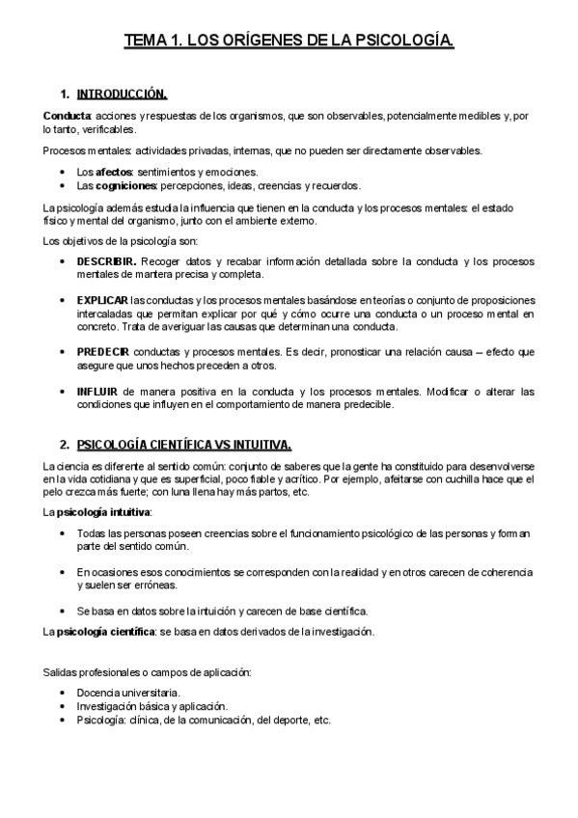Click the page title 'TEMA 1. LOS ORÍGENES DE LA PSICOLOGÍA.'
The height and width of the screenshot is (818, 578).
[x=289, y=41]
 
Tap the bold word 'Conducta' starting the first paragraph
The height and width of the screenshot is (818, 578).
[x=65, y=117]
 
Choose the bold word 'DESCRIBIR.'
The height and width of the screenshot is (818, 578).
[x=106, y=261]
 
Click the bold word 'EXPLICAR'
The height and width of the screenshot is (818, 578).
[x=101, y=300]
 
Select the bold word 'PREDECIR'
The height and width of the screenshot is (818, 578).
[x=103, y=351]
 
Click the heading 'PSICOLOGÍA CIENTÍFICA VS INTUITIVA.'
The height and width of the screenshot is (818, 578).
[x=183, y=445]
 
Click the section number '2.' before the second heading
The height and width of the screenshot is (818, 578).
[x=64, y=445]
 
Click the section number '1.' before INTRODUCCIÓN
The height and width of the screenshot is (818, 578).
[x=64, y=95]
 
